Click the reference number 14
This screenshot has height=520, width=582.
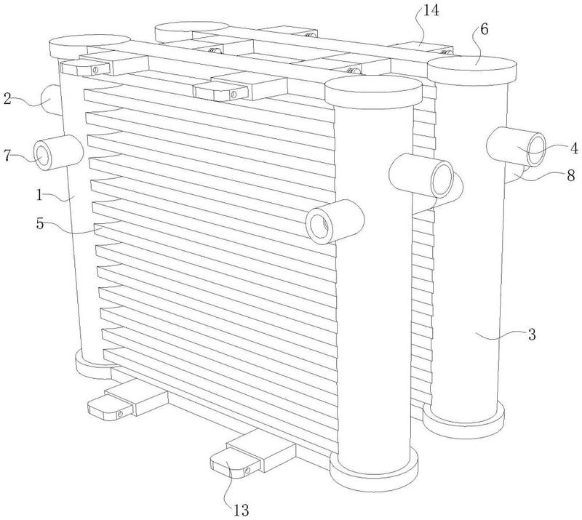(x=431, y=10)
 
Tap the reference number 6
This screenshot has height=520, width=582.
(x=485, y=29)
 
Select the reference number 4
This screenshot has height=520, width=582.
(x=574, y=148)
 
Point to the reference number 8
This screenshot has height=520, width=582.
(x=571, y=175)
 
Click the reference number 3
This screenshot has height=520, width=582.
(x=532, y=335)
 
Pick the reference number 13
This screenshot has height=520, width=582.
(x=241, y=511)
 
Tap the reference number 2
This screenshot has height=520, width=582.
(x=7, y=99)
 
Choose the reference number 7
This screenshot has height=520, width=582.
(x=7, y=155)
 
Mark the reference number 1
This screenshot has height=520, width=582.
(x=39, y=195)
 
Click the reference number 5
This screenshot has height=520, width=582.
(x=40, y=224)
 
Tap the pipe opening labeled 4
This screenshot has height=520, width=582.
(x=536, y=148)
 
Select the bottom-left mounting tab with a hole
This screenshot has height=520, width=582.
(x=111, y=407)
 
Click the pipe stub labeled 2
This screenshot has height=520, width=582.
(x=50, y=99)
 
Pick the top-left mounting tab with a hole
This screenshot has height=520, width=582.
(x=86, y=68)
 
